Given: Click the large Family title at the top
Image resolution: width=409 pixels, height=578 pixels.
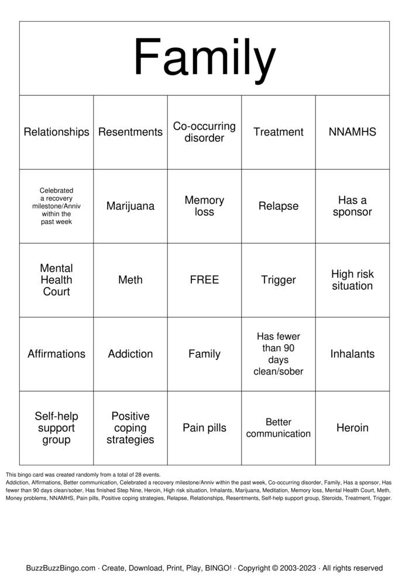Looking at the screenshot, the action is pos(204,58).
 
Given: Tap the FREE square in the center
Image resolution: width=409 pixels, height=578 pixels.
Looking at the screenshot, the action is pos(204,280).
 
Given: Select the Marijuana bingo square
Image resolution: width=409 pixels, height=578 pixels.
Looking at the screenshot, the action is pos(130,206).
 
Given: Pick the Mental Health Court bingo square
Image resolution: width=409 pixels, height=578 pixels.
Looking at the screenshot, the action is pos(56,280).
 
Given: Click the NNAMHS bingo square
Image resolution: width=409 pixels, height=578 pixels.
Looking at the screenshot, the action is pos(352,132).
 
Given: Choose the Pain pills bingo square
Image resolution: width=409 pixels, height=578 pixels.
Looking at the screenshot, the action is pos(204,428).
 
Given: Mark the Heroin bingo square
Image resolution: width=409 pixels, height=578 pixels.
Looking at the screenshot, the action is pos(352,428).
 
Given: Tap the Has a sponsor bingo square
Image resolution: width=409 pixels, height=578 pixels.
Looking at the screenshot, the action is pos(352,206).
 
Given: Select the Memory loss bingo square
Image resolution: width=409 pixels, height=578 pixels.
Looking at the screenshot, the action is pos(204,206).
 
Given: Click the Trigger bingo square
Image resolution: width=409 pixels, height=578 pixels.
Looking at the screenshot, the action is pos(279,280).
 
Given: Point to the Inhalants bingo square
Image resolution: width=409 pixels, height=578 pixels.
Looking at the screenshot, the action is pos(352,354).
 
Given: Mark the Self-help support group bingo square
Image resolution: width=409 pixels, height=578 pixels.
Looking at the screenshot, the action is pos(56,428).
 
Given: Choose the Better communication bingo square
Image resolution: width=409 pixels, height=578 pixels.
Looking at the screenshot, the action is pos(279,428).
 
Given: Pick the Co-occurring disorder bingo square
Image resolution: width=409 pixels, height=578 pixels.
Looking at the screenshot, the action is pos(204,132).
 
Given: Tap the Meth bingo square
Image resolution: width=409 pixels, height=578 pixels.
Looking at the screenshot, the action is pos(130,280).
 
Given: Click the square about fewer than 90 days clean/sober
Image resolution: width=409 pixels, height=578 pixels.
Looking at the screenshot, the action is pos(279,354).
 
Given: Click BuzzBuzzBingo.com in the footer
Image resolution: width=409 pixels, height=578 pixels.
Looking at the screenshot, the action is pos(61,567).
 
